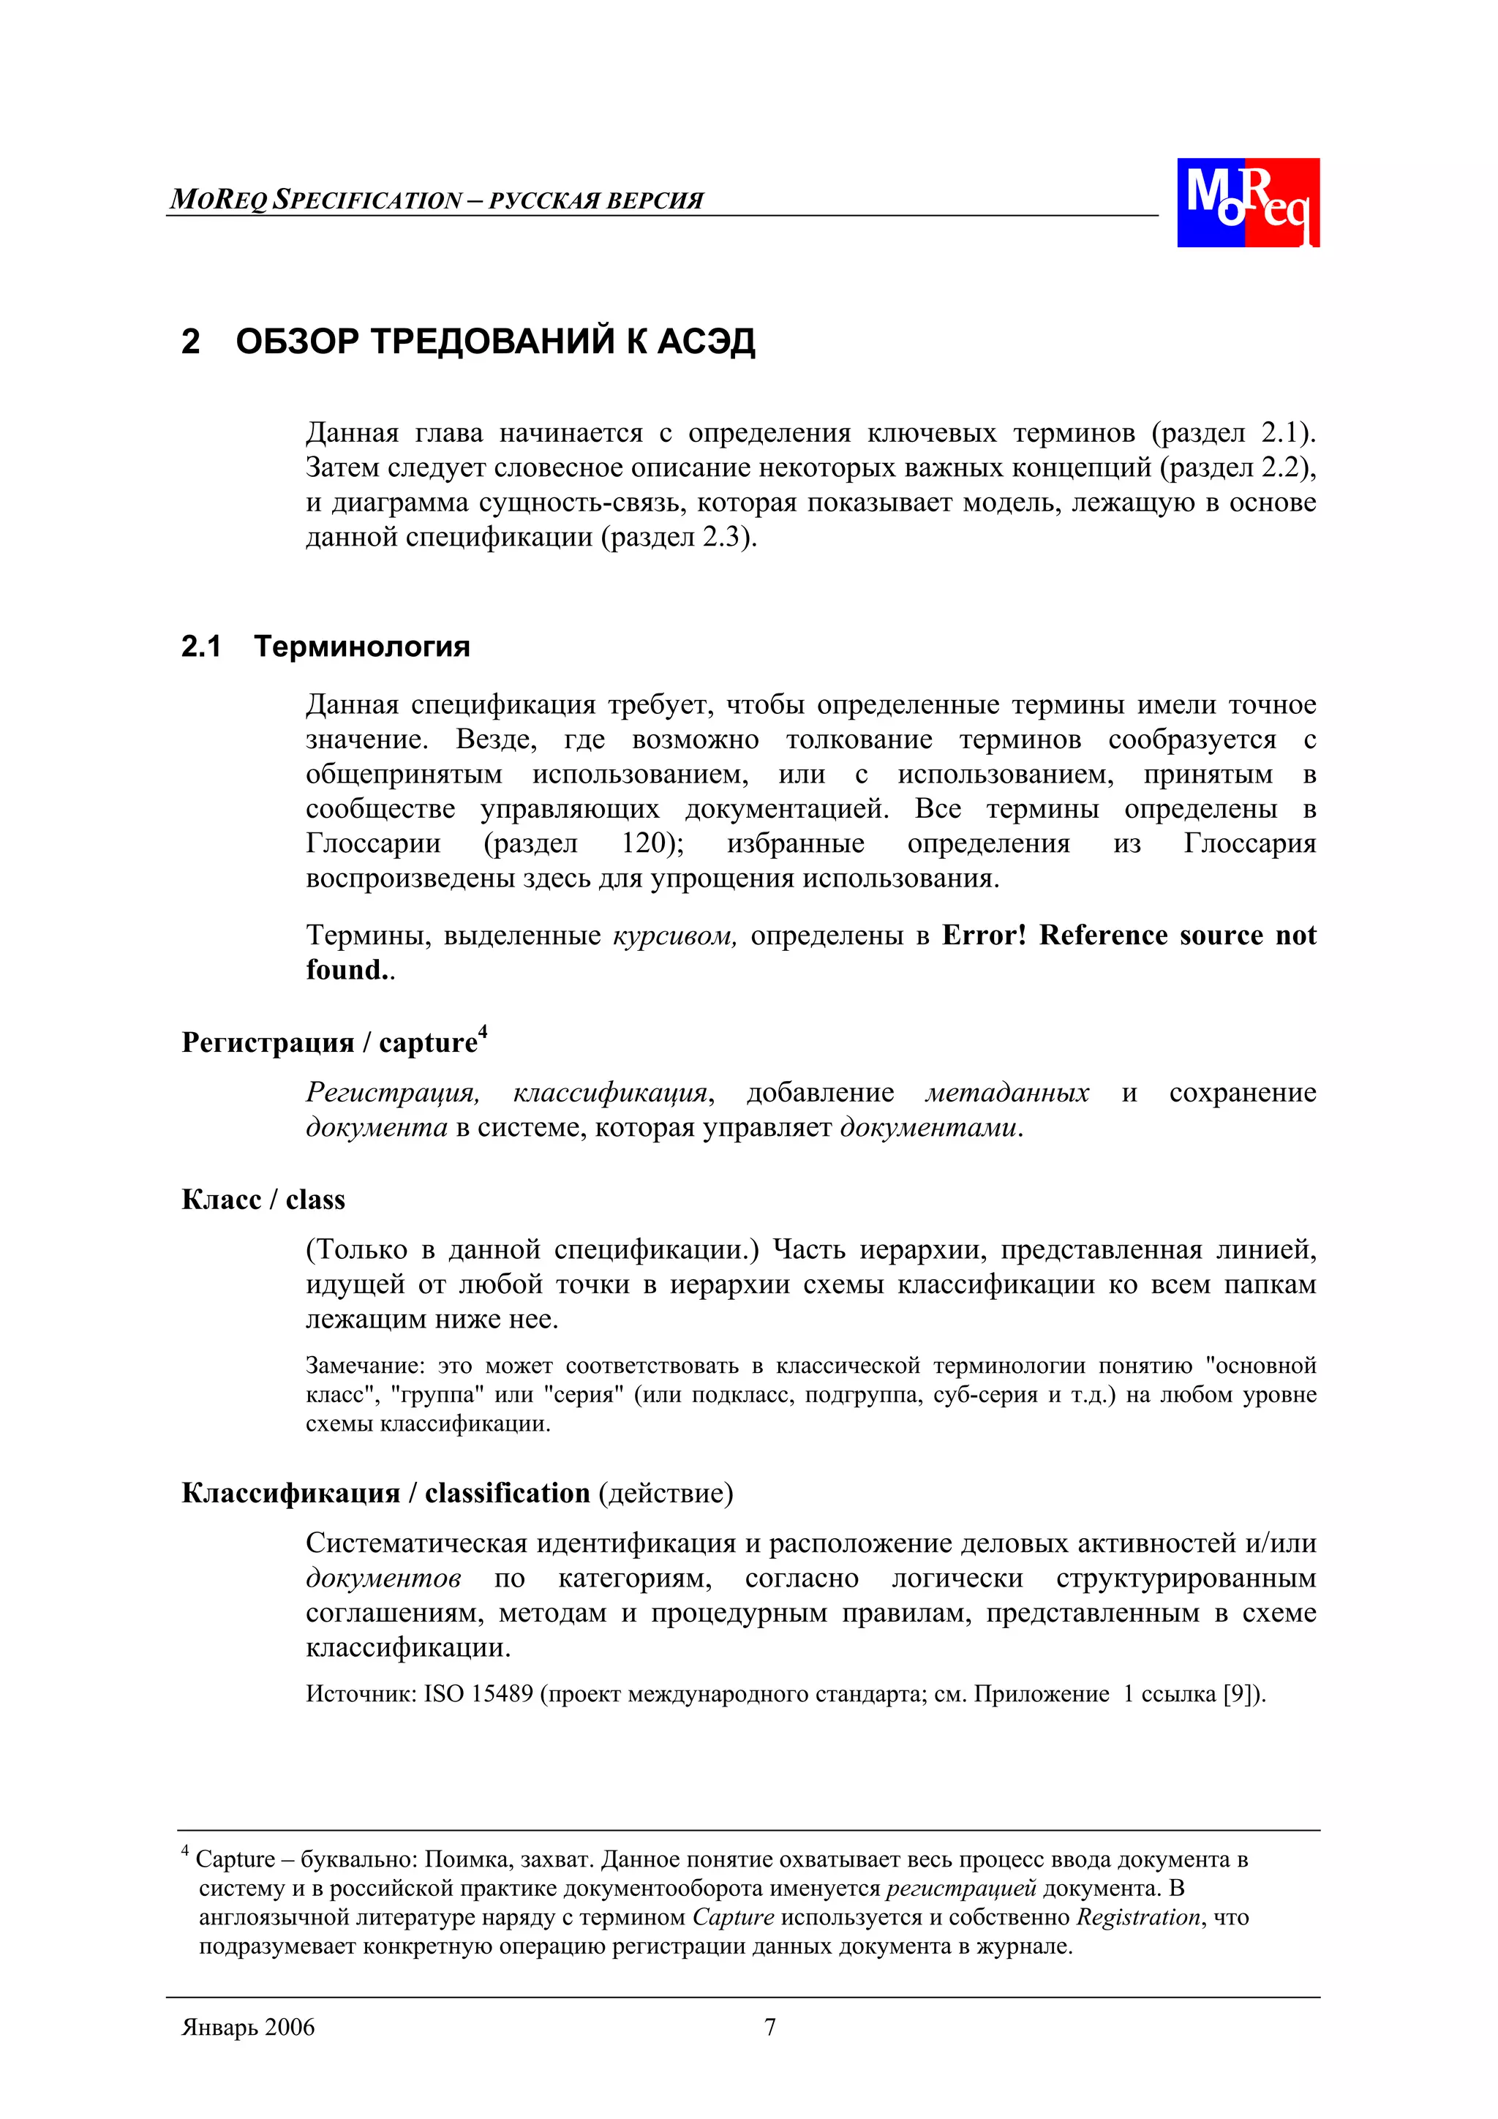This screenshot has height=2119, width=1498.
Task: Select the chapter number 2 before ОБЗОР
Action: point(190,342)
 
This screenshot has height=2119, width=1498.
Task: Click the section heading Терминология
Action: point(362,646)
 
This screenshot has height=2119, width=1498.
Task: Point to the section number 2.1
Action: point(200,646)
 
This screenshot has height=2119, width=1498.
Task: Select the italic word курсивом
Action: point(674,936)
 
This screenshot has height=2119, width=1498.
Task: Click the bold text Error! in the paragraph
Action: point(983,936)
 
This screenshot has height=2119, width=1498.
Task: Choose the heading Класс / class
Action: point(263,1200)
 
